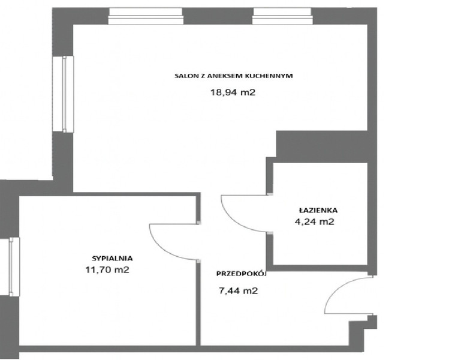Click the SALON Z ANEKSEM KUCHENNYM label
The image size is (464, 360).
pos(233,76)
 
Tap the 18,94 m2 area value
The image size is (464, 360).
pos(233,92)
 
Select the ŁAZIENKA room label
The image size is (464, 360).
pos(318,210)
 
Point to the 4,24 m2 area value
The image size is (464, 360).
pos(315,221)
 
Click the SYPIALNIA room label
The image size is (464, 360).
pos(112,258)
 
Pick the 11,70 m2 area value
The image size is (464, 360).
pos(107,270)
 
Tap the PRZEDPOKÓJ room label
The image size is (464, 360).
pos(242,274)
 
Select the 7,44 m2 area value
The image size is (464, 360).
pos(238,291)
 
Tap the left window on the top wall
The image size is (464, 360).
pos(145,16)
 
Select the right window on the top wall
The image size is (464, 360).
pos(282,16)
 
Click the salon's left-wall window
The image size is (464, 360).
pos(63,94)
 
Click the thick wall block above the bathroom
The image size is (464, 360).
pos(322,147)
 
